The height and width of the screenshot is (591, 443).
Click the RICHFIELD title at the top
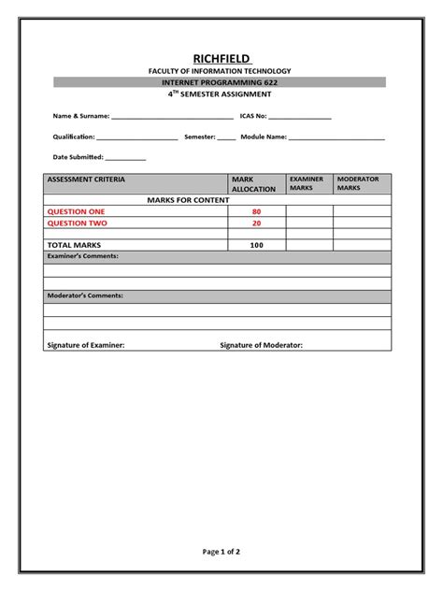tap(221, 58)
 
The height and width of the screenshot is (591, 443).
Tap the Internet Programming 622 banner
tap(221, 83)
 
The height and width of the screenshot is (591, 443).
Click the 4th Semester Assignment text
tap(221, 94)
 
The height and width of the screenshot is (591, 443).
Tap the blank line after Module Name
tap(336, 138)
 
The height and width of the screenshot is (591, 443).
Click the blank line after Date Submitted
tap(126, 159)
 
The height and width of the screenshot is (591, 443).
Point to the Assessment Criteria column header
tap(86, 179)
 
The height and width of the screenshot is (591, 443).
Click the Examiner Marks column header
tap(306, 183)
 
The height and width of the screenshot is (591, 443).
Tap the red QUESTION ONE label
tap(77, 212)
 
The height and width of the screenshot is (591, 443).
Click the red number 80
tap(256, 212)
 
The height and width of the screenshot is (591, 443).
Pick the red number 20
tap(256, 223)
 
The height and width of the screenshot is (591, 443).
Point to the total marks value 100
tap(256, 245)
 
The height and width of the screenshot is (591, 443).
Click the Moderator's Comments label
tap(85, 295)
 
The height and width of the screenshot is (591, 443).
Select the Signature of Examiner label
tap(85, 345)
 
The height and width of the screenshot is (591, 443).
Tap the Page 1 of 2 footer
tap(221, 552)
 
